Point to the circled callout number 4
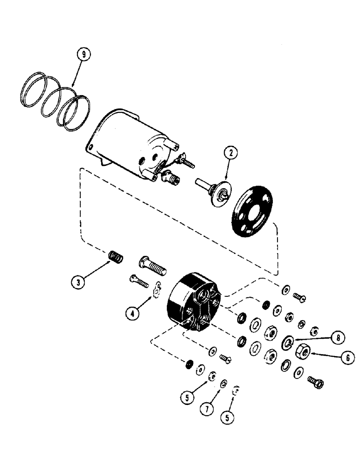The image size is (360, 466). (x=133, y=313)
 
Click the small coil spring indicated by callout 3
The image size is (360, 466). (x=115, y=257)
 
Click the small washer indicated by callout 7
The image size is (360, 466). (x=223, y=384)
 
